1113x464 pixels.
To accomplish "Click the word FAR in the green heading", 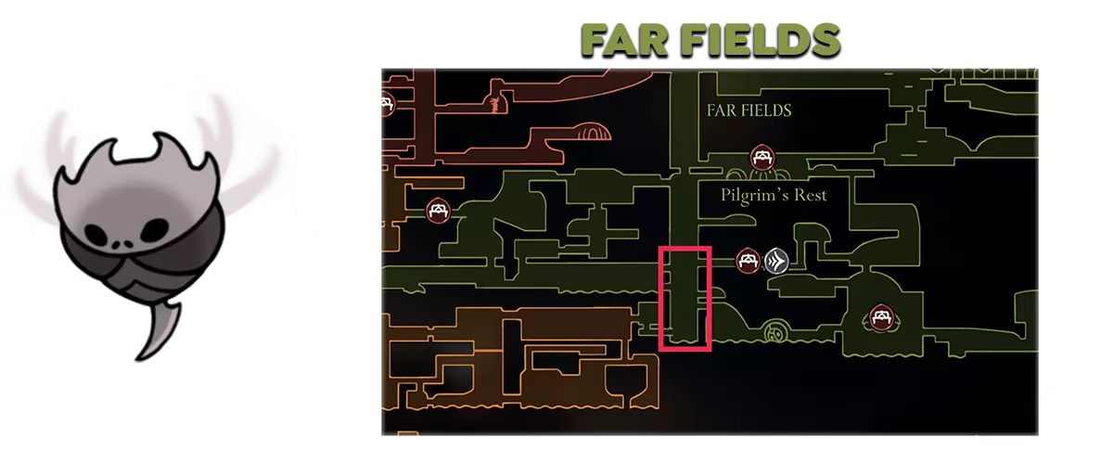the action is tap(625, 40).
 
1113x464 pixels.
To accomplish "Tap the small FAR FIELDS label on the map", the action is tap(748, 110).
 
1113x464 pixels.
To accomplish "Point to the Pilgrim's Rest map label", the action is tap(774, 195).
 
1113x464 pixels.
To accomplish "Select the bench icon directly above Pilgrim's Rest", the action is tap(762, 157).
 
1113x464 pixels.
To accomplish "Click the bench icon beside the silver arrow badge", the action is tap(748, 260).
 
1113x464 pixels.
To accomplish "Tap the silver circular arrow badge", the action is tap(776, 261).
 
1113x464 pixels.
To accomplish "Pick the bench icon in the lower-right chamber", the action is tap(881, 316).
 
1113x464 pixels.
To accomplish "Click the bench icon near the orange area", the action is tap(438, 211).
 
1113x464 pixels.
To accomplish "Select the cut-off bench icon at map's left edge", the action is tap(388, 104).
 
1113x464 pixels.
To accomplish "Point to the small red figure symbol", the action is tap(494, 105).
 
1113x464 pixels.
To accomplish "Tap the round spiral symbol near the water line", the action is tap(774, 331).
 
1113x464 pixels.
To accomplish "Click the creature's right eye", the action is tap(154, 229).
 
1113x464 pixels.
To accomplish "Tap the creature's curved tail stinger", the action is tap(158, 329).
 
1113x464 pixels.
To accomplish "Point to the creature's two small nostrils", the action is tap(122, 245).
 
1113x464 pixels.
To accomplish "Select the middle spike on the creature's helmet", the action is tap(161, 145).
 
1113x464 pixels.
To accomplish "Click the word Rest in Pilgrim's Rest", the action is tap(811, 195).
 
